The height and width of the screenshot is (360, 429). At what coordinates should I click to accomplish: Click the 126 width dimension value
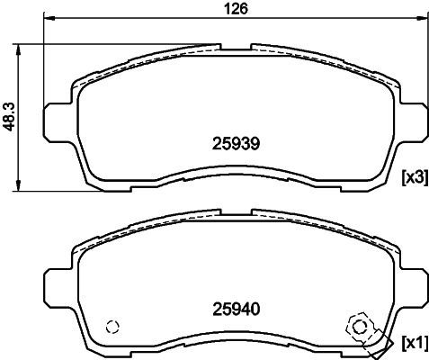click(x=237, y=9)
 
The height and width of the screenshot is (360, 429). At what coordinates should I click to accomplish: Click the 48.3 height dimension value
click(x=9, y=117)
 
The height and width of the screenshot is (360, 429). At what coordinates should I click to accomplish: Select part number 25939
click(x=236, y=144)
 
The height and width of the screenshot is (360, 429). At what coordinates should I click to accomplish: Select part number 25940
click(x=236, y=310)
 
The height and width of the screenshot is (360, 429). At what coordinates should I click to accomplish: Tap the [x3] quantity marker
click(x=415, y=178)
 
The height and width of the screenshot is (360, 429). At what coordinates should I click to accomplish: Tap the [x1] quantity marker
click(x=415, y=343)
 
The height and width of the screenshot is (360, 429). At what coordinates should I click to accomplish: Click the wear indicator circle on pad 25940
click(x=359, y=327)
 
